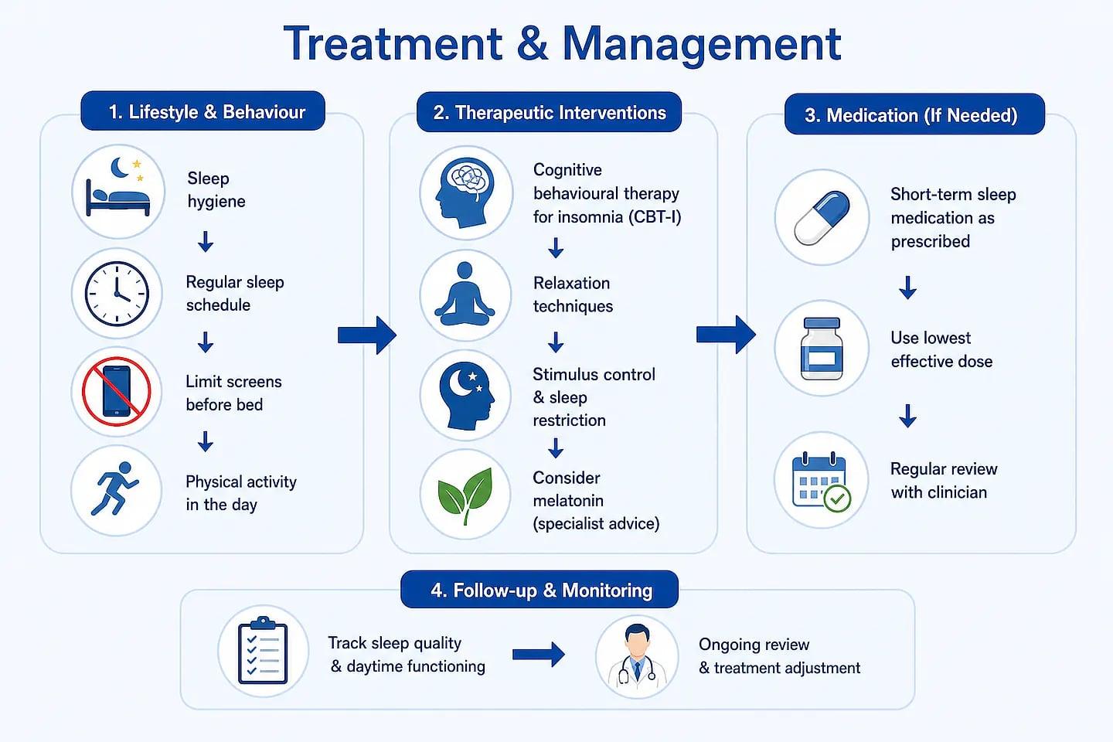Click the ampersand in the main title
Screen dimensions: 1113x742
click(x=532, y=44)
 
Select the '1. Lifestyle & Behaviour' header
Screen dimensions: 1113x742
click(x=203, y=111)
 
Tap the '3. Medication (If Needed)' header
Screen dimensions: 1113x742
click(x=914, y=114)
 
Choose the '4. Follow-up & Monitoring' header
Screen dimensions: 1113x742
click(x=539, y=590)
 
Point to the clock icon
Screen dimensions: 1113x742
click(x=117, y=293)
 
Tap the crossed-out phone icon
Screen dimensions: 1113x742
click(x=116, y=392)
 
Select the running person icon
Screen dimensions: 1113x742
click(x=115, y=488)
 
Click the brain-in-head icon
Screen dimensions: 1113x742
click(x=465, y=192)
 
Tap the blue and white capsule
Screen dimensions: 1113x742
click(x=822, y=218)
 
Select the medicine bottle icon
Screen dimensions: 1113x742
click(x=822, y=349)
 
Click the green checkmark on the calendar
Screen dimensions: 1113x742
click(x=837, y=499)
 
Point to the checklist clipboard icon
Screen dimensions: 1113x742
click(x=263, y=650)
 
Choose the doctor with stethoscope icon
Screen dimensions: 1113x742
click(x=637, y=657)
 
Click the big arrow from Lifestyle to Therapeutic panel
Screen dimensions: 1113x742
click(x=366, y=335)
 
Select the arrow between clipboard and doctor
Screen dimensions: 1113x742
click(x=539, y=654)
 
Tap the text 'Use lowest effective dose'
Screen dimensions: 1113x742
click(x=941, y=349)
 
